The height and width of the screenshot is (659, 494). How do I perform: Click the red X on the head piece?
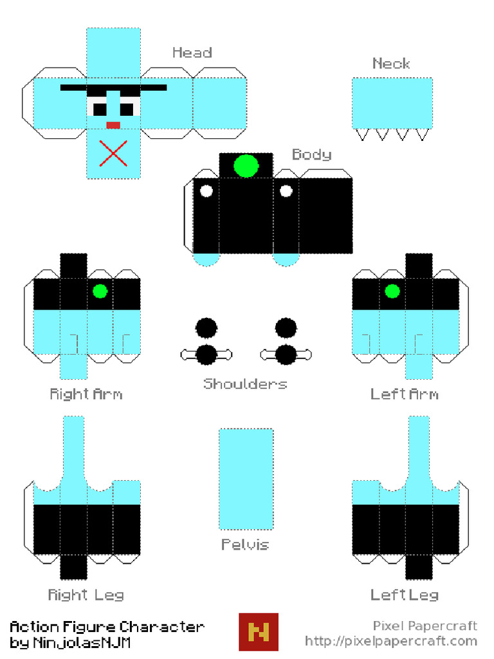pos(113,153)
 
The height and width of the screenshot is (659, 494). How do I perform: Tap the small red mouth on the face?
pos(113,125)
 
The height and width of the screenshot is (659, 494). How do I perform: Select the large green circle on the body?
pos(246,165)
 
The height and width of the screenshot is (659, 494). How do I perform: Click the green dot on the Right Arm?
pos(100,292)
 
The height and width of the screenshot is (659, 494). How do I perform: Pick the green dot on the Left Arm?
pos(392,292)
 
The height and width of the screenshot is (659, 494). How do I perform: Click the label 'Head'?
pos(192,53)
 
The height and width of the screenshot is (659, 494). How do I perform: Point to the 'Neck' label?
pos(391,64)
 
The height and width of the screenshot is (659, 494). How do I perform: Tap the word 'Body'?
pos(312,154)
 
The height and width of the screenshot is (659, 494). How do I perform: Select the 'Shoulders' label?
pos(245,384)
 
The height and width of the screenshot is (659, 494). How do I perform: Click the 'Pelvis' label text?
pos(245,544)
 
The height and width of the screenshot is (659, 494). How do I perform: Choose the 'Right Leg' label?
pos(86,595)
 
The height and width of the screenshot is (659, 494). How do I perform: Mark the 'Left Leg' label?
pos(405,595)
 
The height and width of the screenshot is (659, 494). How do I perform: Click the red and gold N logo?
pos(259,632)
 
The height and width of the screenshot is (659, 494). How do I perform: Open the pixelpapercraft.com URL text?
pos(391,642)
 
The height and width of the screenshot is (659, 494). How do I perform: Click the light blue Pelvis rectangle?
pos(246,479)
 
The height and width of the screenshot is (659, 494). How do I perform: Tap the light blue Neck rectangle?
pos(392,103)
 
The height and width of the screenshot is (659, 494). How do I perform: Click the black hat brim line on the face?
pos(113,88)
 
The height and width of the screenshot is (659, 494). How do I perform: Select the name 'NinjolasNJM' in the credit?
pos(82,643)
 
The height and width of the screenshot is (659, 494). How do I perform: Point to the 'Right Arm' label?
pos(86,394)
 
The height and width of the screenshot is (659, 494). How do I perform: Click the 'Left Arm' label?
pos(405,394)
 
